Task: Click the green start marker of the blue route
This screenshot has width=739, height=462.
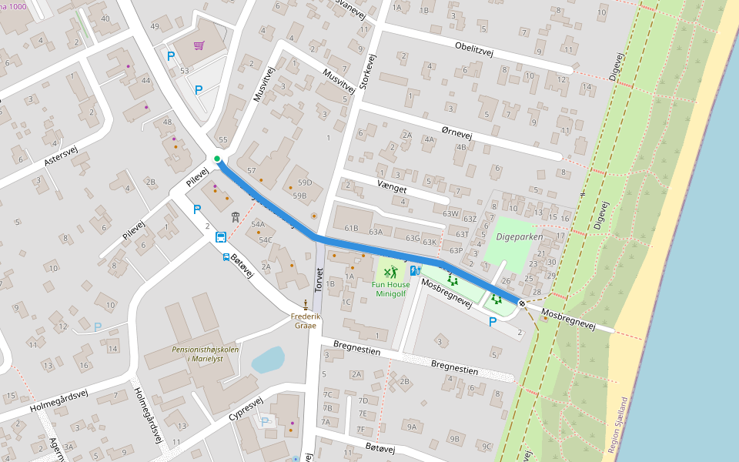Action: [217, 159]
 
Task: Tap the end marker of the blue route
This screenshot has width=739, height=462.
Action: [522, 304]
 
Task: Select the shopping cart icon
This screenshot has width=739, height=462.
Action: [199, 45]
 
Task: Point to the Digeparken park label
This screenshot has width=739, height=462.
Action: [519, 236]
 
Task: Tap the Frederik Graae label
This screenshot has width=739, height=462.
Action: [306, 320]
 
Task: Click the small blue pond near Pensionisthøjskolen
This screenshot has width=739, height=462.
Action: [267, 360]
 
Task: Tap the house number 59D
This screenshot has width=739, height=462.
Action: [305, 182]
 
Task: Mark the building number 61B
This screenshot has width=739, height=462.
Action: [351, 228]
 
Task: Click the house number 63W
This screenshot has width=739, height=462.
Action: [451, 213]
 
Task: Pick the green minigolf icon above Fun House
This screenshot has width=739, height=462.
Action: [392, 271]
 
